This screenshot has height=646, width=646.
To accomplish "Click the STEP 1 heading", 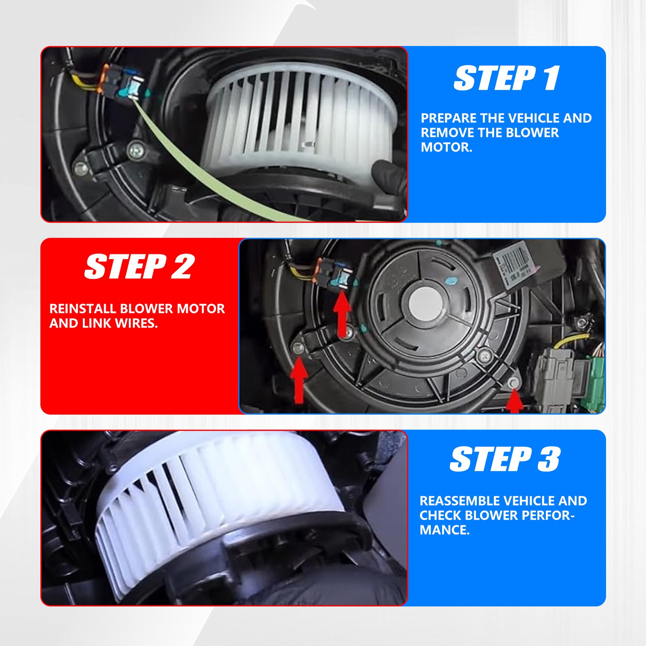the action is tap(507, 78).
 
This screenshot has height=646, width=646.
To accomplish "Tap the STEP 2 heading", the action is tap(140, 266).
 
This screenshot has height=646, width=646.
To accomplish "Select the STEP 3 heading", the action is tap(505, 459).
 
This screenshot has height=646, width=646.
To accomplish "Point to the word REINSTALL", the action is tap(82, 308).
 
